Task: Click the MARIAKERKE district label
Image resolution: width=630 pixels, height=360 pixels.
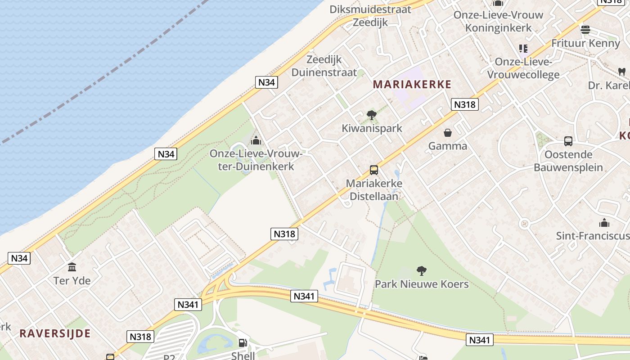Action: click(412, 85)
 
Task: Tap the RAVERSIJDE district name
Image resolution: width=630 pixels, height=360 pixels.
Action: click(55, 333)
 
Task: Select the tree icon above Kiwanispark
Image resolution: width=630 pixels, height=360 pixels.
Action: click(371, 115)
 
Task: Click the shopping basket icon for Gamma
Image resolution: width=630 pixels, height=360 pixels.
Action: click(448, 133)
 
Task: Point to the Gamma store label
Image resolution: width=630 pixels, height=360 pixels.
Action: click(448, 146)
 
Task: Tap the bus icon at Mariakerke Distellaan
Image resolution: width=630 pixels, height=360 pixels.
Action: click(374, 170)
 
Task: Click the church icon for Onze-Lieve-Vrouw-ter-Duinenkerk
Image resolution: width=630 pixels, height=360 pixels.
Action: click(256, 140)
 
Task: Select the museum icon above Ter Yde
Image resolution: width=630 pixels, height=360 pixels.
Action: click(72, 267)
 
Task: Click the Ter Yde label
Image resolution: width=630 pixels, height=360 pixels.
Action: click(72, 281)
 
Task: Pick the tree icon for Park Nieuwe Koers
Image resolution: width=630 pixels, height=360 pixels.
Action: click(422, 270)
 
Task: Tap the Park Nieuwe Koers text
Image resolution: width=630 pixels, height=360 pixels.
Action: click(422, 284)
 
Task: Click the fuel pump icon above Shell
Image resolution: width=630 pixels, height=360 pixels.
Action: click(243, 343)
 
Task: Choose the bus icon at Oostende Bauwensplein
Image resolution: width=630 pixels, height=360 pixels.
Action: click(568, 141)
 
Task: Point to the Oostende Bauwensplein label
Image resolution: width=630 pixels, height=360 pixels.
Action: click(568, 161)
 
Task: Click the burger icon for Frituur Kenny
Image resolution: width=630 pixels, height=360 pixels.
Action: click(585, 30)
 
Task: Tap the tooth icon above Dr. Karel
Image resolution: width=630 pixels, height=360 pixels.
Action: click(622, 72)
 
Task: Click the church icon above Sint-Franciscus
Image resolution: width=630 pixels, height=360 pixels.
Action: click(604, 222)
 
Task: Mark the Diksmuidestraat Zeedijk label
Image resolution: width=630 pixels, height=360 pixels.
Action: click(370, 16)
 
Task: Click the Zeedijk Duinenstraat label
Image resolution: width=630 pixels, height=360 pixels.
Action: click(324, 66)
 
